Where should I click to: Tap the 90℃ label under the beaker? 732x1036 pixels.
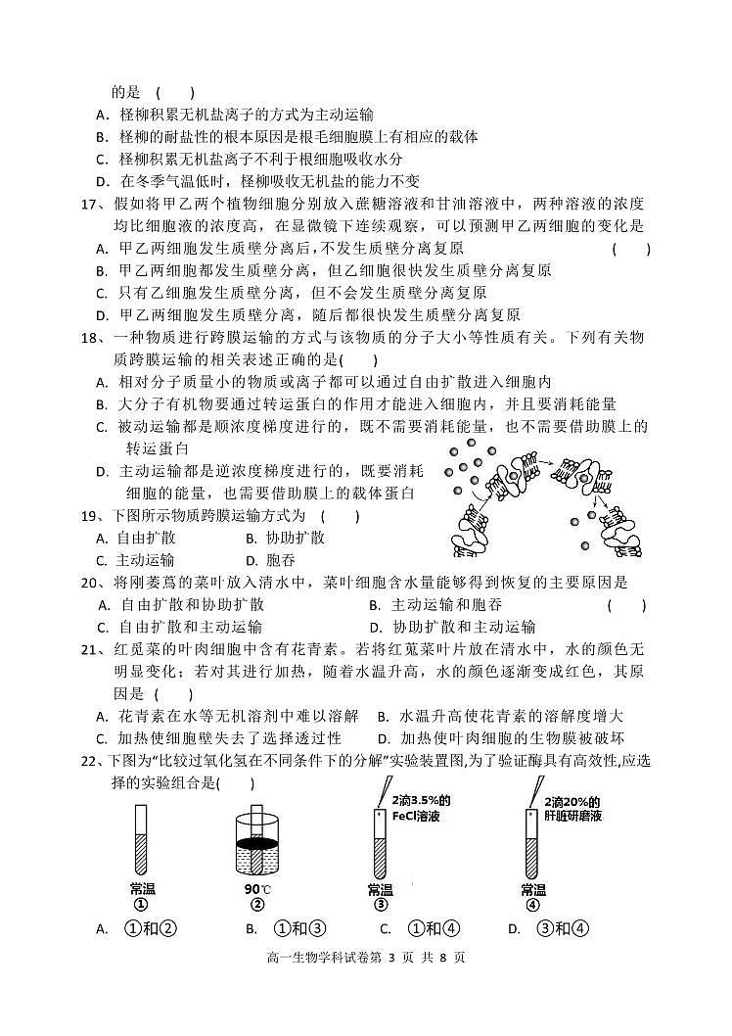tap(257, 889)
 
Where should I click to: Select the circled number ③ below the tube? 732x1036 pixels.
tap(380, 905)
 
